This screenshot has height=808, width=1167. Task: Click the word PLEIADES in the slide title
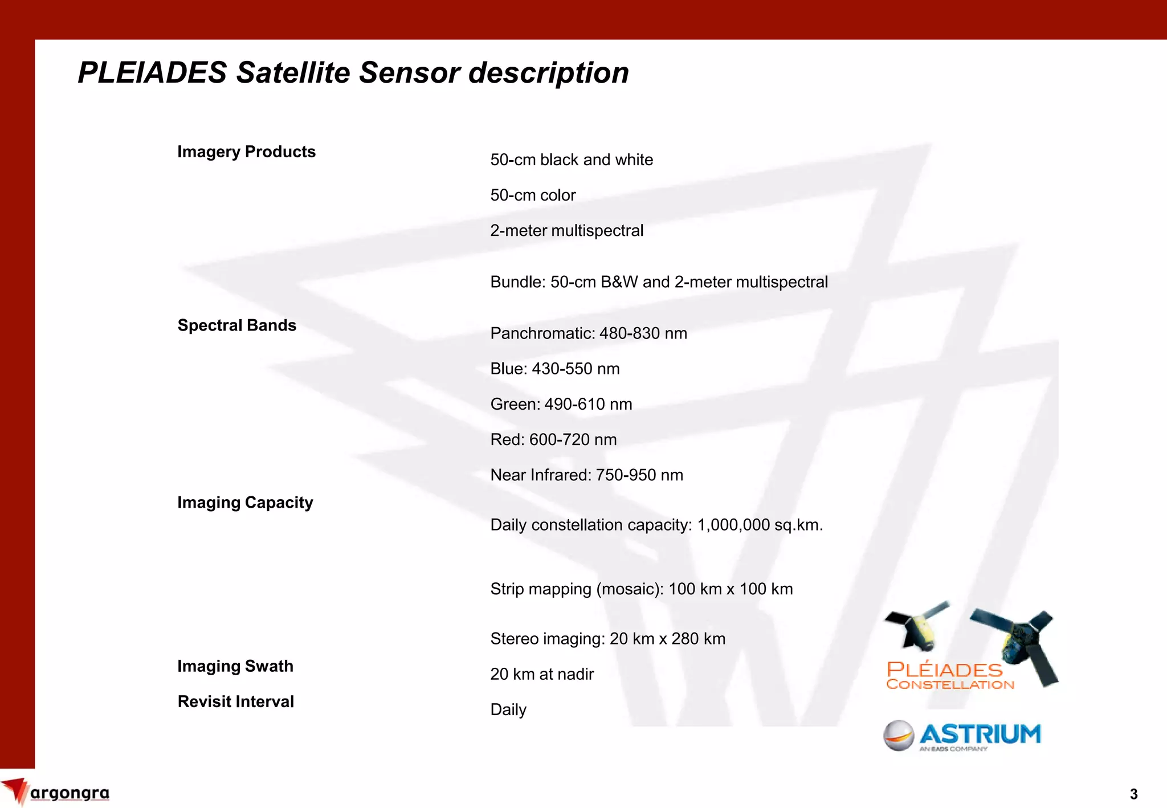click(152, 73)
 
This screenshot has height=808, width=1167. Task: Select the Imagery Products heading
click(246, 152)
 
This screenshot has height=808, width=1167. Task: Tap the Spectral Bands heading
click(236, 325)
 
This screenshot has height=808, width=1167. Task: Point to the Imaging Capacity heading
click(245, 503)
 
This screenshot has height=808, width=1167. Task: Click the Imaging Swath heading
click(235, 666)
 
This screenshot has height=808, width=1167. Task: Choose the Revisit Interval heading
click(235, 701)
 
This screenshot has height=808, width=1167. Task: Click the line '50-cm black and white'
click(571, 160)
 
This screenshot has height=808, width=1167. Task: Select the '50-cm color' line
click(533, 195)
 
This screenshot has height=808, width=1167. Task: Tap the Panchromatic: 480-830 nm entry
click(588, 333)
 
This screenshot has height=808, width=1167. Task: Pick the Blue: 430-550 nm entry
click(554, 369)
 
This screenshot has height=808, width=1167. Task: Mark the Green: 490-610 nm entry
click(561, 404)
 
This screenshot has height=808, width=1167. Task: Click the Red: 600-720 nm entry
click(553, 439)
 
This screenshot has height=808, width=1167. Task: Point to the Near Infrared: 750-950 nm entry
click(586, 475)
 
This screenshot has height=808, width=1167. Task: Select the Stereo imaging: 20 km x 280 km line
click(607, 639)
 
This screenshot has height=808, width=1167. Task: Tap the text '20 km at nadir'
click(541, 674)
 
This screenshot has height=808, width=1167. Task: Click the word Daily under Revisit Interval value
click(508, 709)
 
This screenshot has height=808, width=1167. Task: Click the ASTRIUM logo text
click(980, 734)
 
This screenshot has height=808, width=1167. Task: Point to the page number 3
click(1133, 794)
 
